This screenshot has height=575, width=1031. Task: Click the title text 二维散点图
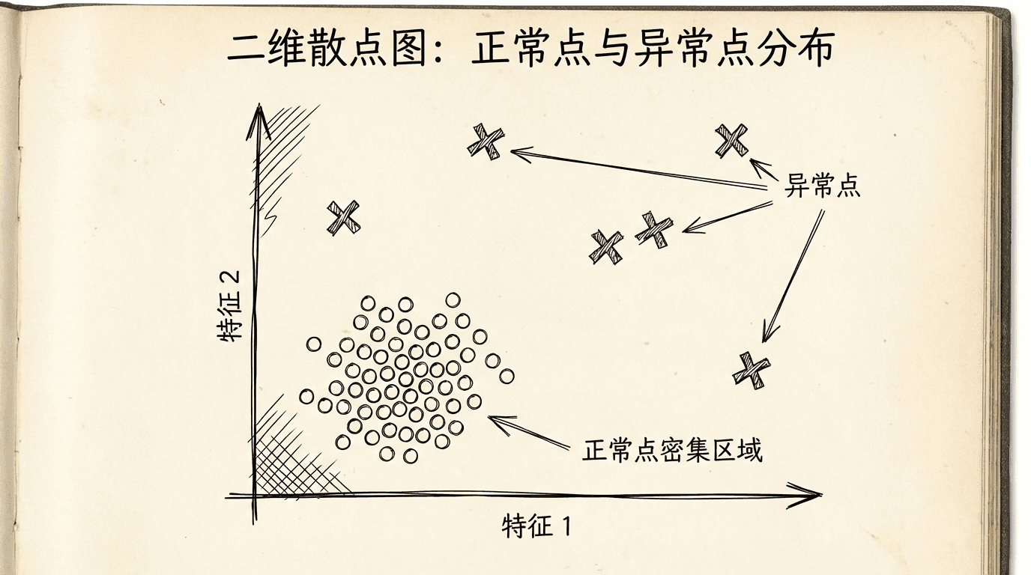tap(326, 49)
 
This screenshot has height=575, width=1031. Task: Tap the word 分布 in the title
tap(795, 49)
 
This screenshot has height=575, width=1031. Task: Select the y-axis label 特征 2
tap(229, 305)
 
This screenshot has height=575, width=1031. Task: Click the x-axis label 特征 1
tap(536, 526)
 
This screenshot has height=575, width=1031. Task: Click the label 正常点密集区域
tap(672, 450)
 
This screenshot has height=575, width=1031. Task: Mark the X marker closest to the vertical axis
tap(343, 218)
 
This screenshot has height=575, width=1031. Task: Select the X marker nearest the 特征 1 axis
tap(752, 371)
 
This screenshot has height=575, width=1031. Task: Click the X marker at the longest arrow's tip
tap(486, 142)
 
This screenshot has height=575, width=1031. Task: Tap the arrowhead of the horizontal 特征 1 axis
tap(806, 496)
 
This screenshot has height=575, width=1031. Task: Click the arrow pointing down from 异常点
tap(793, 276)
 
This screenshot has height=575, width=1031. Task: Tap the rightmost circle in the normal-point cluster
tap(507, 377)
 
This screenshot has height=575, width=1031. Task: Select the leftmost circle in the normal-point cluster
tap(306, 397)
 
